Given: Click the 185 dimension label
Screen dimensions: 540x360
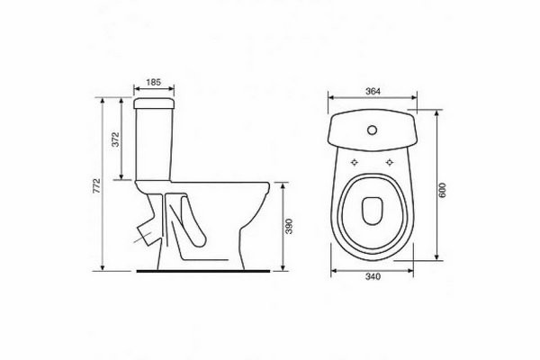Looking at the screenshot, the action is [154, 82].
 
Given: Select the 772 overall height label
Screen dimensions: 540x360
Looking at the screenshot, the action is [97, 185].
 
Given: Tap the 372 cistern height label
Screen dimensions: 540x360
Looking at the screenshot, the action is [116, 139].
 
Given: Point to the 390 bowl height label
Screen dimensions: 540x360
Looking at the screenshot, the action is [289, 226].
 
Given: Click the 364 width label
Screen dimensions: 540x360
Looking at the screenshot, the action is [373, 91].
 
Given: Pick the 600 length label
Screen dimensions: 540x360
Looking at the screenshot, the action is [442, 190].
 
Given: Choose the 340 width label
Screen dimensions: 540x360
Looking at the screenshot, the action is [373, 276].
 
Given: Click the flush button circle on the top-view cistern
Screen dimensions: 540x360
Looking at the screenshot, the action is [373, 130].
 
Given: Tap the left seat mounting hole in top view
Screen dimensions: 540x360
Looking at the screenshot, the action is [355, 162].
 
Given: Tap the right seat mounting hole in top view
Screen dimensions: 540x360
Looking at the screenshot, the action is [390, 162].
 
